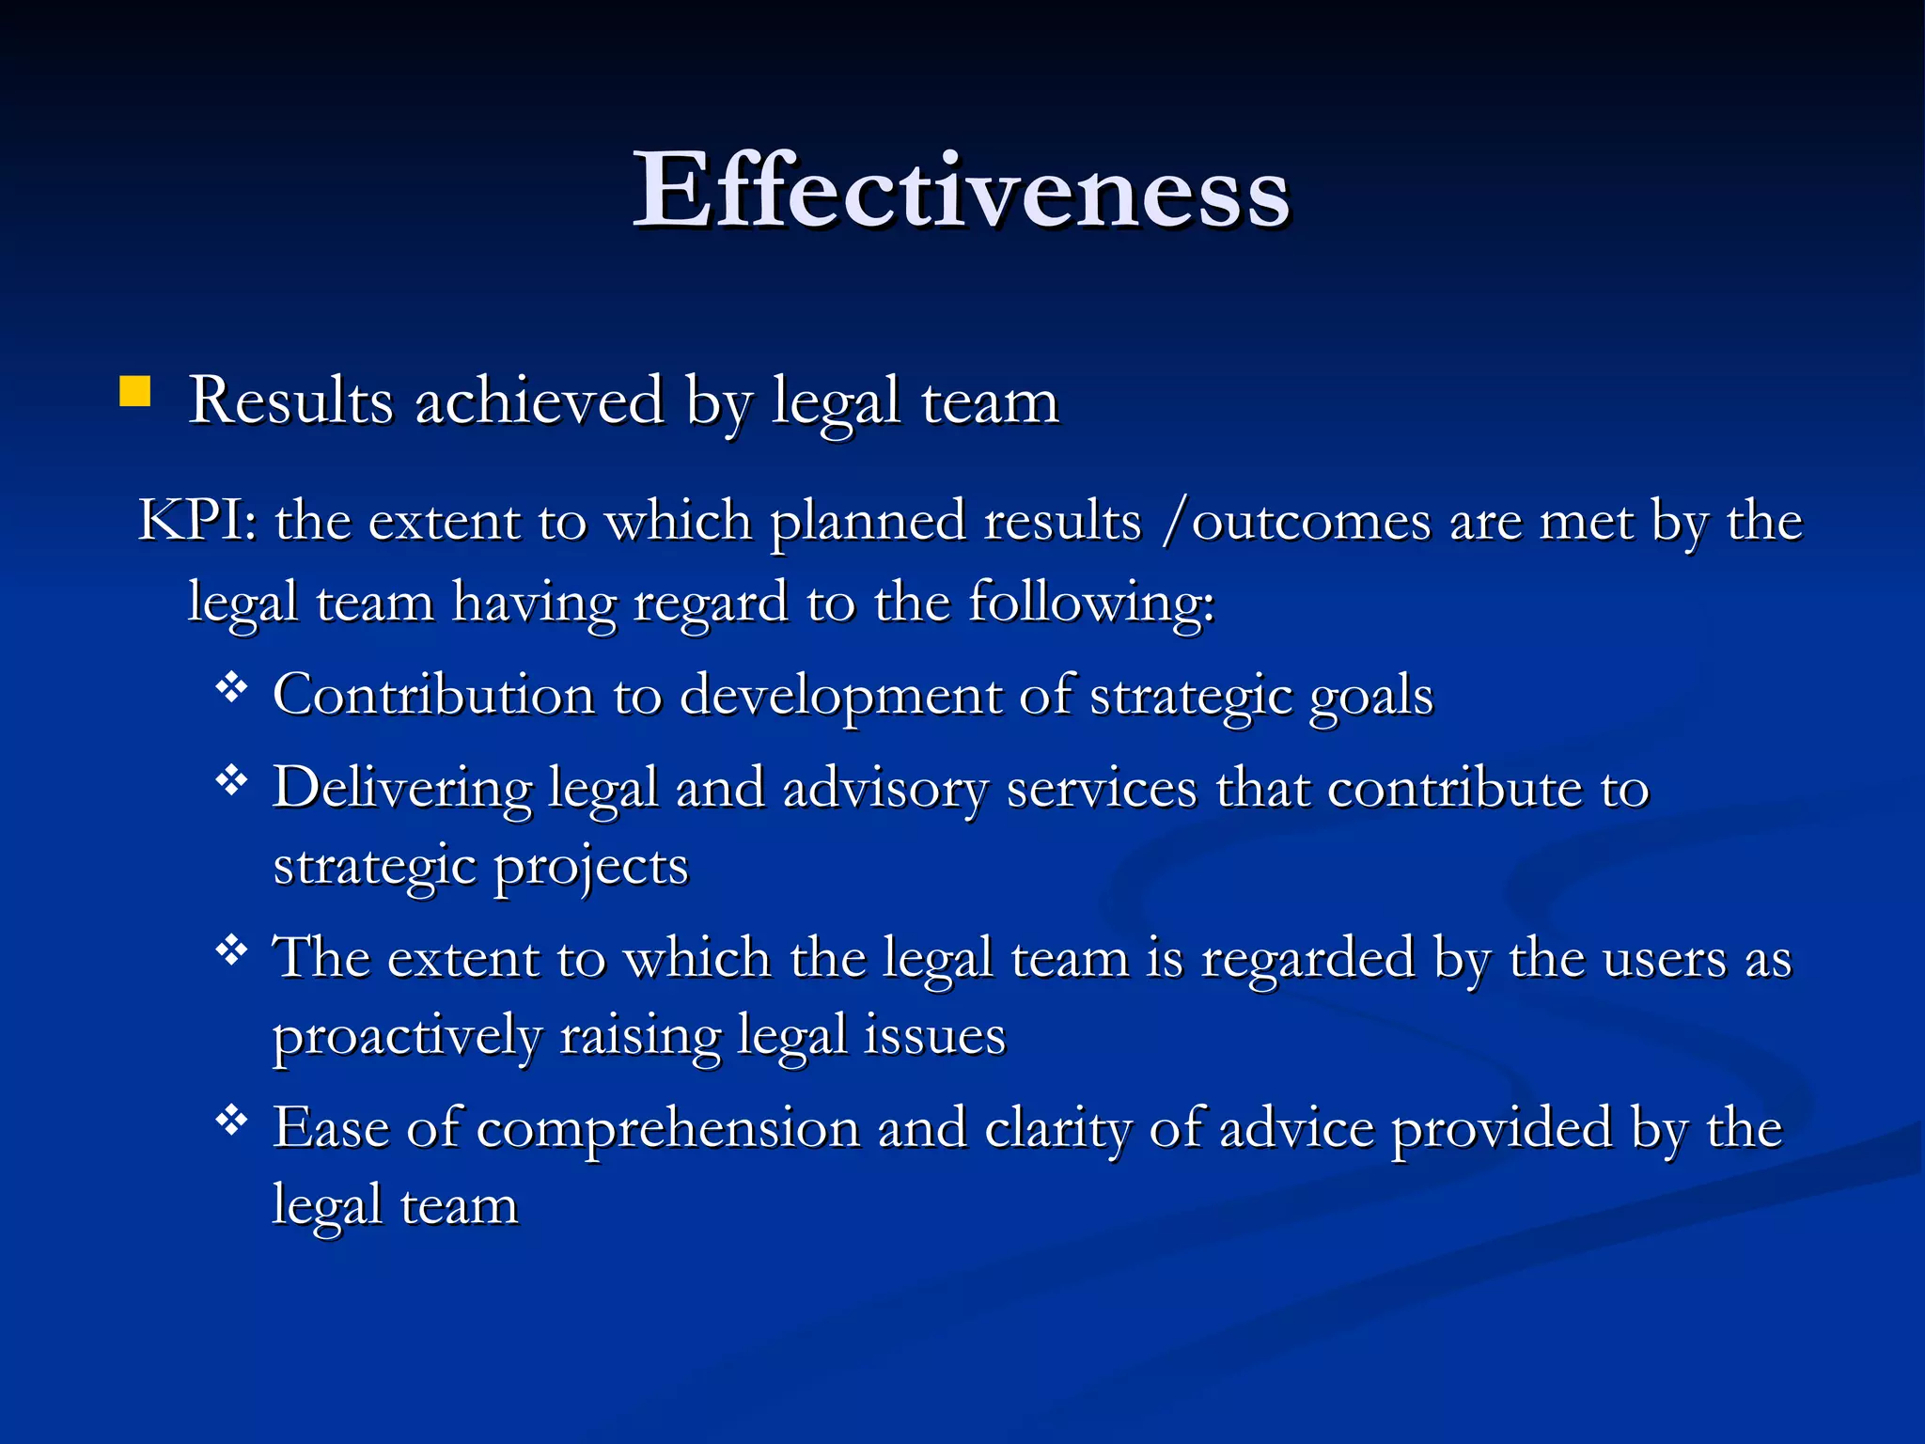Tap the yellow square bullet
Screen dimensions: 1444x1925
135,391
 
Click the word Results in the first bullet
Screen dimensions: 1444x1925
290,401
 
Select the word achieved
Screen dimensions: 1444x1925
540,401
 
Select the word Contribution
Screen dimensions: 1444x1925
433,696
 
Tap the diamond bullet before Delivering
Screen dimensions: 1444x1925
231,780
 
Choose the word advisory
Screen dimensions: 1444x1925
884,788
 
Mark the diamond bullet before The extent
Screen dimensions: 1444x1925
231,951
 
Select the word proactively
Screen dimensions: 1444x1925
407,1037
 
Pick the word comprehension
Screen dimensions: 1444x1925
668,1129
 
